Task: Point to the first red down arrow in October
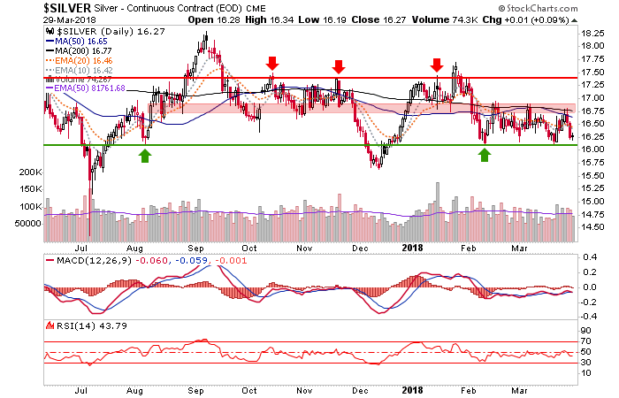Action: click(272, 64)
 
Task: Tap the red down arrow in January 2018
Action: click(436, 64)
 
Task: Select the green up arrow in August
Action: click(144, 156)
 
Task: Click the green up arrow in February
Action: click(485, 156)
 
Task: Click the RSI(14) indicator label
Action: click(66, 325)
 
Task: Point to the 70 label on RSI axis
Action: click(586, 339)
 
